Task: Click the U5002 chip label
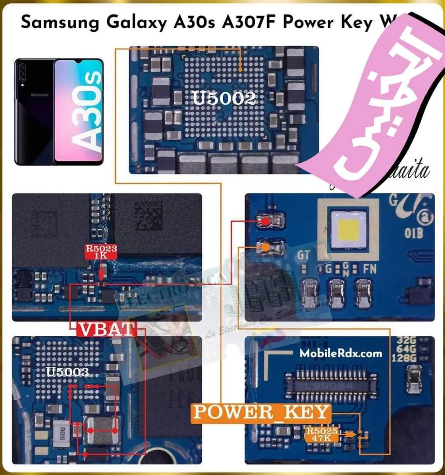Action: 224,98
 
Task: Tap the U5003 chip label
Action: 68,372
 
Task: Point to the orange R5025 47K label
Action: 322,434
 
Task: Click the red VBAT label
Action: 107,330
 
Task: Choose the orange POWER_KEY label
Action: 261,412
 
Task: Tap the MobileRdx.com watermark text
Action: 341,353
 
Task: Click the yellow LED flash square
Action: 349,229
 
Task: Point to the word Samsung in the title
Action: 60,22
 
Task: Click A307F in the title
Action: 248,22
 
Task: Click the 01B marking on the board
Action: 413,233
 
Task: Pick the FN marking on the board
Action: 369,269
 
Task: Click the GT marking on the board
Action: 304,256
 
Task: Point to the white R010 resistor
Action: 62,433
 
